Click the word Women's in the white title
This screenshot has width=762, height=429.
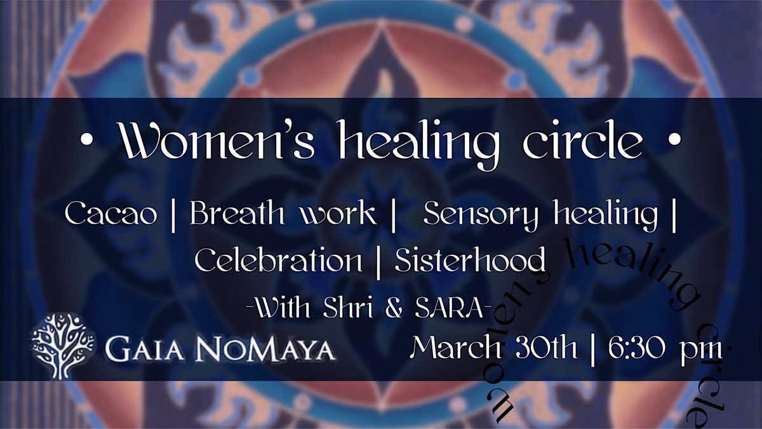point(217,140)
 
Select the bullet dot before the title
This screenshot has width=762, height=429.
point(88,140)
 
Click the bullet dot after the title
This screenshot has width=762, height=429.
point(674,139)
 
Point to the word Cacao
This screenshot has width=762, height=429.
point(111,213)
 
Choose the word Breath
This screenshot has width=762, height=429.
point(237,212)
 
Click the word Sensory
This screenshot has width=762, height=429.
point(481,215)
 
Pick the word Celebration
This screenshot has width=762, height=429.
point(278,259)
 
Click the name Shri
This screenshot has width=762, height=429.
point(348,309)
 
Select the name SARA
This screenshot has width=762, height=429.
point(449,309)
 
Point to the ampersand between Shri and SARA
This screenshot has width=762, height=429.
point(394,310)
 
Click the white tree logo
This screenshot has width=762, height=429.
point(63,346)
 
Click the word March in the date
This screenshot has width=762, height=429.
point(455,348)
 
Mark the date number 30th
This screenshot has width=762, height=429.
point(546,348)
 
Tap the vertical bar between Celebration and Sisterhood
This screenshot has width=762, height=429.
point(378,263)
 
